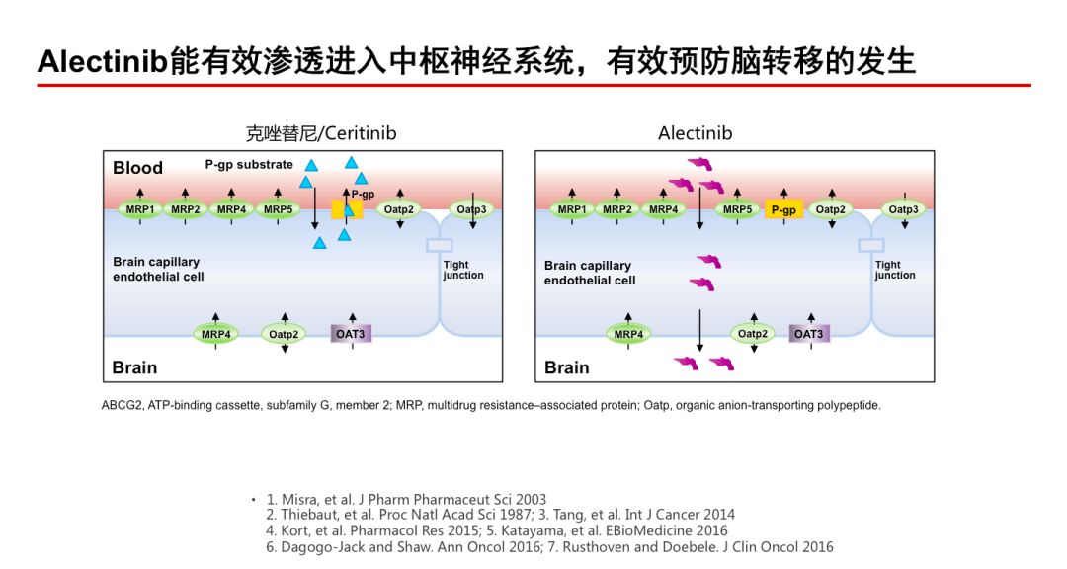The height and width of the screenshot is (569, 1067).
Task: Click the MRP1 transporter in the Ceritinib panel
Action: click(139, 209)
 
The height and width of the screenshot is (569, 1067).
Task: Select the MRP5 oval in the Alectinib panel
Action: click(737, 209)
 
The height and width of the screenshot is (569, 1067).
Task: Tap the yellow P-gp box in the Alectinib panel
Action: click(783, 209)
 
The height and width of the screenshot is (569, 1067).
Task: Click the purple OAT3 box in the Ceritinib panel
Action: click(350, 334)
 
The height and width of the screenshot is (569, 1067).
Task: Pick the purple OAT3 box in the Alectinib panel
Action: click(808, 334)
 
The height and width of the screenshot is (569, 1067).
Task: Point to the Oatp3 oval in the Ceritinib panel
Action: click(472, 209)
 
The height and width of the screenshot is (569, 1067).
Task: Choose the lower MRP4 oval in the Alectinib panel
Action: click(628, 334)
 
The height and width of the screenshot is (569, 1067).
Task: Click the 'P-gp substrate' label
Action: click(249, 165)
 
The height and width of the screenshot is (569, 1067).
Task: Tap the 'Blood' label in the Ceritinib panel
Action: click(137, 168)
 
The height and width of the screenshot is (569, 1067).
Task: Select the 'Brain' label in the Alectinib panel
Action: click(567, 367)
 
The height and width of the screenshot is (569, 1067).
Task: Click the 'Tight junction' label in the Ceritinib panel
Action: click(462, 270)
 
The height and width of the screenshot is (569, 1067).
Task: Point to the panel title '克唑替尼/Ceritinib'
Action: click(321, 132)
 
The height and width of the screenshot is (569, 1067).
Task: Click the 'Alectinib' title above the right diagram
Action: click(696, 132)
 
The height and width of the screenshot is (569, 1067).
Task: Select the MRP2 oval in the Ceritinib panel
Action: click(186, 209)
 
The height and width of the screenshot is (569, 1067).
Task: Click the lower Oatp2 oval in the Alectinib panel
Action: click(753, 334)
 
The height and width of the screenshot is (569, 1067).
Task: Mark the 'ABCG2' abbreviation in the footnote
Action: click(123, 406)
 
